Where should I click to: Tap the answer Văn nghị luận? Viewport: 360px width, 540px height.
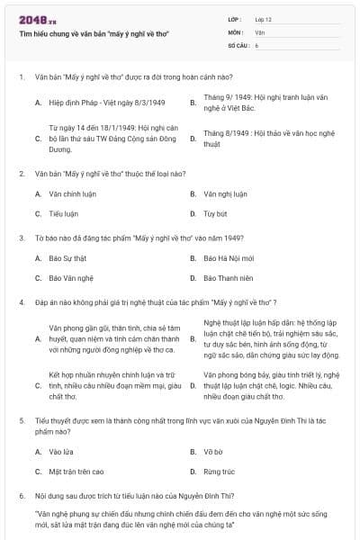(x=224, y=193)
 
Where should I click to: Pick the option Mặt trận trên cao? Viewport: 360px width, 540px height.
(x=76, y=471)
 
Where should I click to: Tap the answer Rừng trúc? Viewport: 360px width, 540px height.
(x=218, y=471)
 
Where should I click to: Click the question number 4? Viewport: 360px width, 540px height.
(x=21, y=302)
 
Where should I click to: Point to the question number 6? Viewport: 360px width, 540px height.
(x=21, y=495)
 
